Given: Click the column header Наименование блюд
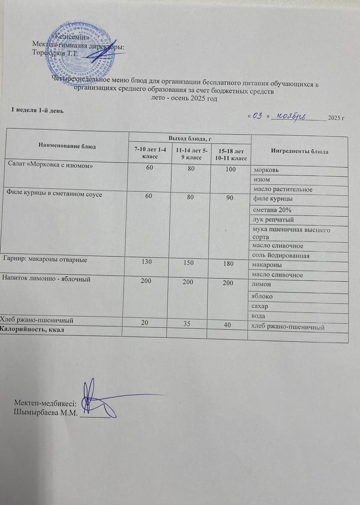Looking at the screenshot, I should tap(67, 146).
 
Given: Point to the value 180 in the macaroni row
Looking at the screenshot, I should tap(229, 264).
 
